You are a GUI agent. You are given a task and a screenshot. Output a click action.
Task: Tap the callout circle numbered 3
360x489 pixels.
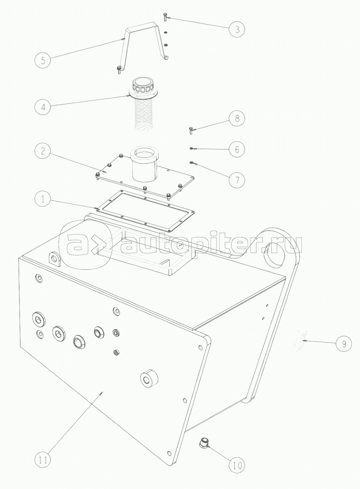click(x=237, y=29)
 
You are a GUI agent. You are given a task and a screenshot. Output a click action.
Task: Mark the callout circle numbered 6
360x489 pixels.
click(x=237, y=150)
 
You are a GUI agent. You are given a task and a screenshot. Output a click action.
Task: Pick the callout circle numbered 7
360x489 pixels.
click(x=237, y=180)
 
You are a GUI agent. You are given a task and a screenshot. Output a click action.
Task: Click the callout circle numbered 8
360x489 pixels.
click(x=237, y=118)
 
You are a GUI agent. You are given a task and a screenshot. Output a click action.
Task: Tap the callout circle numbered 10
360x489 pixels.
click(x=237, y=465)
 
